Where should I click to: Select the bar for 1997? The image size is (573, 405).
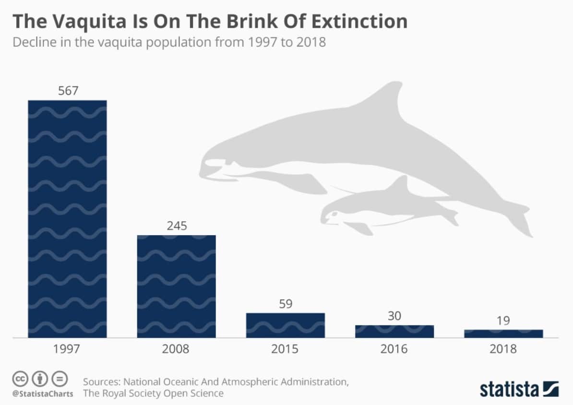coord(67,218)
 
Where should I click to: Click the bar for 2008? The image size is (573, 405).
coord(177,286)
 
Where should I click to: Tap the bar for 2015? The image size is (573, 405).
coord(286,325)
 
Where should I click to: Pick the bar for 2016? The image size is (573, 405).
coord(394,331)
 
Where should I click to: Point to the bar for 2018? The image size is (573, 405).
coord(503,334)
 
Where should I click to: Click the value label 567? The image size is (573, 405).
coord(68,91)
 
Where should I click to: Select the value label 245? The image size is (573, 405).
coord(177,226)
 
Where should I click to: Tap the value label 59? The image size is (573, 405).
coord(286,304)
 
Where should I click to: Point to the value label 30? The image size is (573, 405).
coord(394,316)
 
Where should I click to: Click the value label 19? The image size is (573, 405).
coord(503,321)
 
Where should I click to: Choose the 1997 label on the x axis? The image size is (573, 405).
coord(68,349)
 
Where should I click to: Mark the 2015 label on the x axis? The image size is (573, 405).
coord(286,349)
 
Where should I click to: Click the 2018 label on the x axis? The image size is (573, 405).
coord(503,349)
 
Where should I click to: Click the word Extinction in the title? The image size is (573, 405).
coord(354,22)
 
